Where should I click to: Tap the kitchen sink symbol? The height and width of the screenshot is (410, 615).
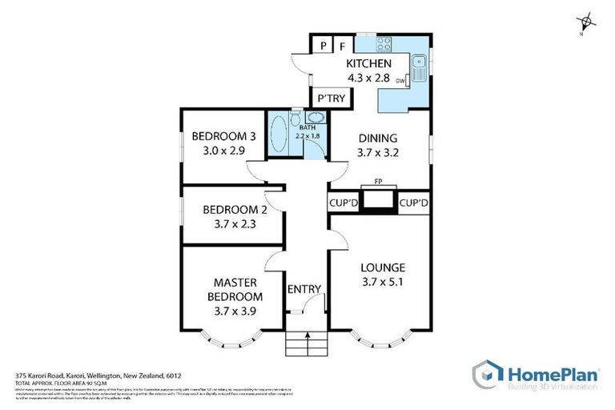point(418,62)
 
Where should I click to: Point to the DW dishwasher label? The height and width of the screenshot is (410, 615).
point(400,80)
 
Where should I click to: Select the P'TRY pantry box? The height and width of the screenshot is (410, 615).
point(331,98)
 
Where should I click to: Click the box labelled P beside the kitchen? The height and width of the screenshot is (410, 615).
point(322,46)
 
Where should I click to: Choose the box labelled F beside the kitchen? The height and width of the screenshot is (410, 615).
point(341,46)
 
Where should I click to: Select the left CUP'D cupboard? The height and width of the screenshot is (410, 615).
point(343,203)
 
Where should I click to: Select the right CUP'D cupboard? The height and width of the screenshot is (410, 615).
point(413,203)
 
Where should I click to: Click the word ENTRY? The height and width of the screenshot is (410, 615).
point(304,289)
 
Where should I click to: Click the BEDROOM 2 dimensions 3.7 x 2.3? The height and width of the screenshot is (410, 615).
point(229,224)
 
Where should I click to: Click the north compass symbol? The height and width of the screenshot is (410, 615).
point(587,22)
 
